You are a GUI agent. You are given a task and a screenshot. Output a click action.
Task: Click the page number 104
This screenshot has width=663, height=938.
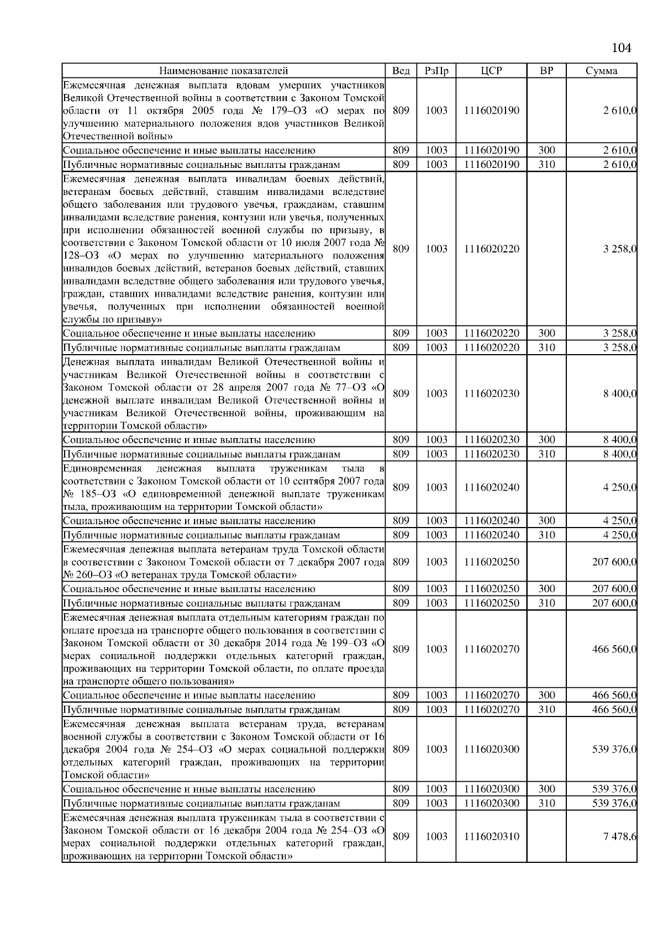(x=621, y=48)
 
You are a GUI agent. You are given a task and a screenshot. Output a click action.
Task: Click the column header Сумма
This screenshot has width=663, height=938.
(x=601, y=71)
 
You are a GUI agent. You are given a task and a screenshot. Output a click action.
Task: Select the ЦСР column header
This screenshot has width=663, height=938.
(x=491, y=71)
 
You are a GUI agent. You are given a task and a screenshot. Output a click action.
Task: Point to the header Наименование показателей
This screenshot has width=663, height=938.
(x=223, y=71)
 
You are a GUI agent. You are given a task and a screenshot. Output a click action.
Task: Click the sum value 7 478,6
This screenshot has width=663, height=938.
(x=619, y=836)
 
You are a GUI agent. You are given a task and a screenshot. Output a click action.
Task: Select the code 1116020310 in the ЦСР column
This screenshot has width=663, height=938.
(x=491, y=836)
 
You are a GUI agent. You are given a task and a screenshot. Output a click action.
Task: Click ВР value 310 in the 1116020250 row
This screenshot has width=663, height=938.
(x=546, y=603)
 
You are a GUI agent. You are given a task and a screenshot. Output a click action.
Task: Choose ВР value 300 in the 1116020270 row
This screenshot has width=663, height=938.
(x=546, y=695)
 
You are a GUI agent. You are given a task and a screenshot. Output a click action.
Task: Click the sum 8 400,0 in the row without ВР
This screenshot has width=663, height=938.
(x=619, y=393)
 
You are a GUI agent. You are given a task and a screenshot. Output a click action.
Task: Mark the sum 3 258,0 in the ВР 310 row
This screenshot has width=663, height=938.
(x=619, y=348)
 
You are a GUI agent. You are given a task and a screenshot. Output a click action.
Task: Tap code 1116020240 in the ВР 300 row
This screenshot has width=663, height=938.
(x=491, y=521)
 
